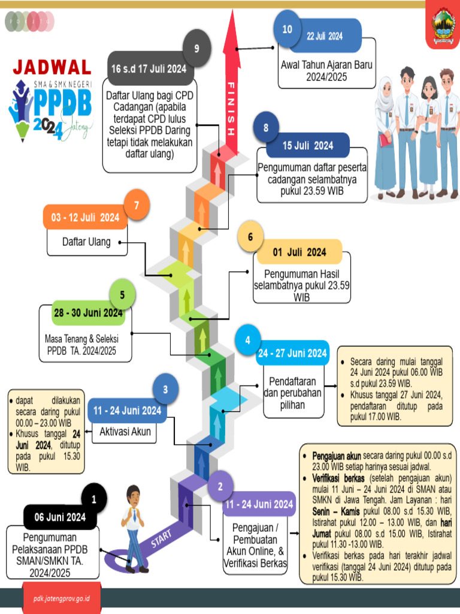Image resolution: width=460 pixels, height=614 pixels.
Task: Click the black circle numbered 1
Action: pyautogui.click(x=93, y=499)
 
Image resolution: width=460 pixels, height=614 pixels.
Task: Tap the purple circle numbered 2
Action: pyautogui.click(x=221, y=487)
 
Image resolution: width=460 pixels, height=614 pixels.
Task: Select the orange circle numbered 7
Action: pyautogui.click(x=137, y=205)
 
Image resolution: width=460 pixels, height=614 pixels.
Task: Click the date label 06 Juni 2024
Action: pyautogui.click(x=60, y=517)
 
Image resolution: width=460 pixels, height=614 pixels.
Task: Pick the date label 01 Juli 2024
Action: pyautogui.click(x=299, y=252)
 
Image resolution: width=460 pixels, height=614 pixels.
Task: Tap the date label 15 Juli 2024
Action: pyautogui.click(x=308, y=146)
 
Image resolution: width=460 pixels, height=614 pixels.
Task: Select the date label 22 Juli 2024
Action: pyautogui.click(x=325, y=36)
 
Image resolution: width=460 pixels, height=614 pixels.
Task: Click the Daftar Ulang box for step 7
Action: pyautogui.click(x=87, y=242)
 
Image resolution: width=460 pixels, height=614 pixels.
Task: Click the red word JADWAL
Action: pyautogui.click(x=52, y=67)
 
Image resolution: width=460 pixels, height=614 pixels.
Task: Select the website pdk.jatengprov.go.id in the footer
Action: pyautogui.click(x=62, y=598)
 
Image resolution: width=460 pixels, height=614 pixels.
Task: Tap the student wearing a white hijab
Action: pyautogui.click(x=385, y=132)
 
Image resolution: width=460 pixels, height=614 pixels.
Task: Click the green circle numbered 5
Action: pyautogui.click(x=122, y=295)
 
